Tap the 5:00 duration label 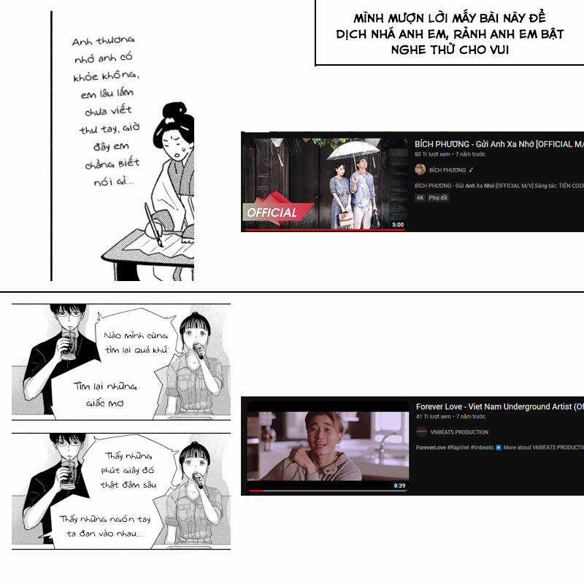(397, 225)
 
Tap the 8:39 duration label (399, 485)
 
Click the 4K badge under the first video (420, 198)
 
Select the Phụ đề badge (438, 198)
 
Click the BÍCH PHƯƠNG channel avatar (420, 169)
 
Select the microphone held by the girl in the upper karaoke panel (198, 351)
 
